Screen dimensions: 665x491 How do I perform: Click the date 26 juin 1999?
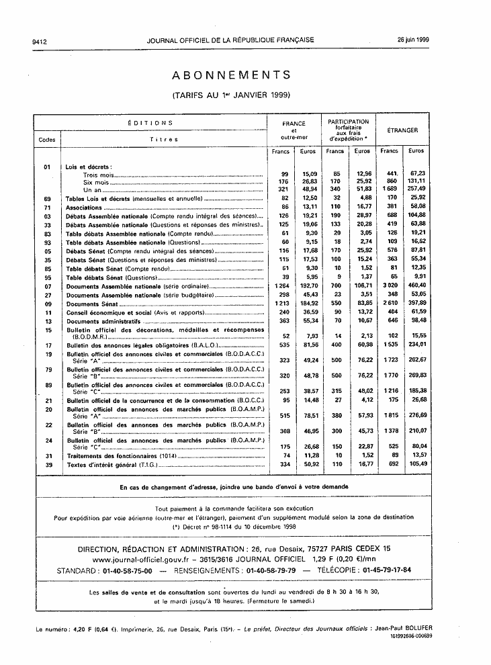413,40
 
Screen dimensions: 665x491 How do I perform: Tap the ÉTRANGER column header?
402,130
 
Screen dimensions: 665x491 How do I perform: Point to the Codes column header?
47,140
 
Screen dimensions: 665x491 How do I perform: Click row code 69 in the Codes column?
48,199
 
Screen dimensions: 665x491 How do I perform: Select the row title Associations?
83,208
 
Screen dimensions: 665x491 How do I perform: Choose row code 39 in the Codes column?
48,465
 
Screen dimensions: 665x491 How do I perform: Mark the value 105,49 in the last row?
417,465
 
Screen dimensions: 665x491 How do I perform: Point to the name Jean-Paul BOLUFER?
408,629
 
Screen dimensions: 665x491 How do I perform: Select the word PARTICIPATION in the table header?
348,122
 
